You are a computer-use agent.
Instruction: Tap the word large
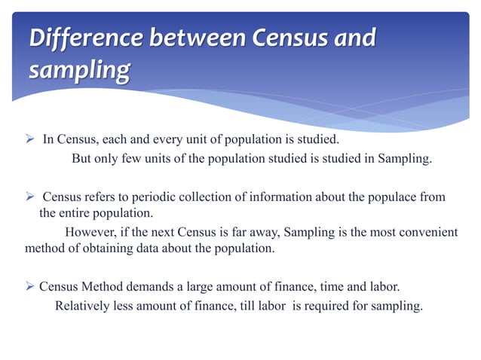(x=212, y=288)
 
